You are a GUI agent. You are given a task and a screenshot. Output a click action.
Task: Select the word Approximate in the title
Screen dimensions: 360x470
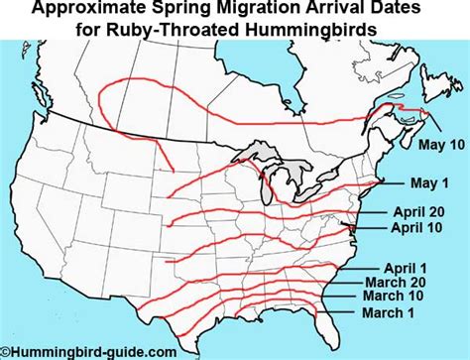pos(93,10)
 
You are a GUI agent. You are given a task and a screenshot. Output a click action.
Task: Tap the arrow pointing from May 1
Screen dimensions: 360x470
pos(390,183)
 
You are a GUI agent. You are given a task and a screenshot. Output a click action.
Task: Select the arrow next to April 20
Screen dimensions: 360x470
pos(373,211)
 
